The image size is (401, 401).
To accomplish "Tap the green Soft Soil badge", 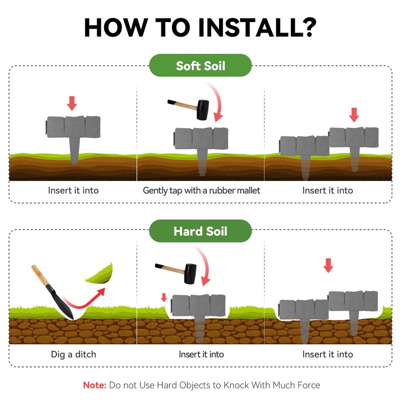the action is pyautogui.click(x=200, y=66).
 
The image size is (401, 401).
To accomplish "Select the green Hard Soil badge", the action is pyautogui.click(x=200, y=231).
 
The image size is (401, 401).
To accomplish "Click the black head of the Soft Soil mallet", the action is pyautogui.click(x=203, y=110).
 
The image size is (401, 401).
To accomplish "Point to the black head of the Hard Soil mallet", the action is pyautogui.click(x=190, y=274).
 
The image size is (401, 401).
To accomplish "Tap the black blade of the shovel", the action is pyautogui.click(x=60, y=303).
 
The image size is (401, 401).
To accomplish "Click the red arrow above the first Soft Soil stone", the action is pyautogui.click(x=72, y=103).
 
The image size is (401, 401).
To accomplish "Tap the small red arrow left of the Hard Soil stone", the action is pyautogui.click(x=164, y=297).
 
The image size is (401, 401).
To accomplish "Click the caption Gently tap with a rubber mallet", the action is pyautogui.click(x=202, y=190).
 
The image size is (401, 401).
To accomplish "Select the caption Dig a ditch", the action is pyautogui.click(x=73, y=354).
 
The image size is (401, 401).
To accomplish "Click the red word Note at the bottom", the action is pyautogui.click(x=95, y=385).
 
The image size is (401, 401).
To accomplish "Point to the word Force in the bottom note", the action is pyautogui.click(x=308, y=385).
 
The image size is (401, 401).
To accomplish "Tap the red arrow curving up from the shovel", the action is pyautogui.click(x=83, y=301).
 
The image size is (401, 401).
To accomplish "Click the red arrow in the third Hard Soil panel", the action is pyautogui.click(x=328, y=266).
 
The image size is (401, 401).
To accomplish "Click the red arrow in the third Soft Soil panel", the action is pyautogui.click(x=354, y=115).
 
